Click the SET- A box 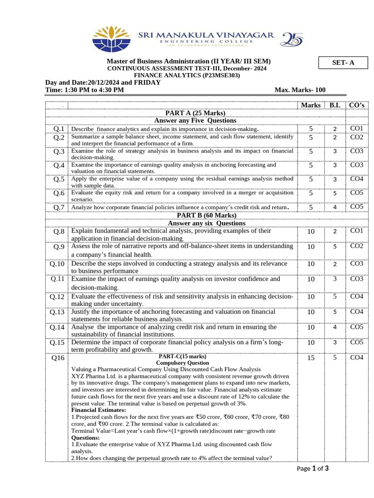(343, 62)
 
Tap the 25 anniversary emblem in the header (292, 38)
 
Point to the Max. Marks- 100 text (300, 90)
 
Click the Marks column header (311, 105)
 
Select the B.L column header (335, 105)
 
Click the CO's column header (356, 105)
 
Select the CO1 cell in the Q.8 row (356, 231)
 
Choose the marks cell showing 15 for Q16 (311, 358)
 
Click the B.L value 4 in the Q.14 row (335, 328)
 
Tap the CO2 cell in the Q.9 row (356, 247)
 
